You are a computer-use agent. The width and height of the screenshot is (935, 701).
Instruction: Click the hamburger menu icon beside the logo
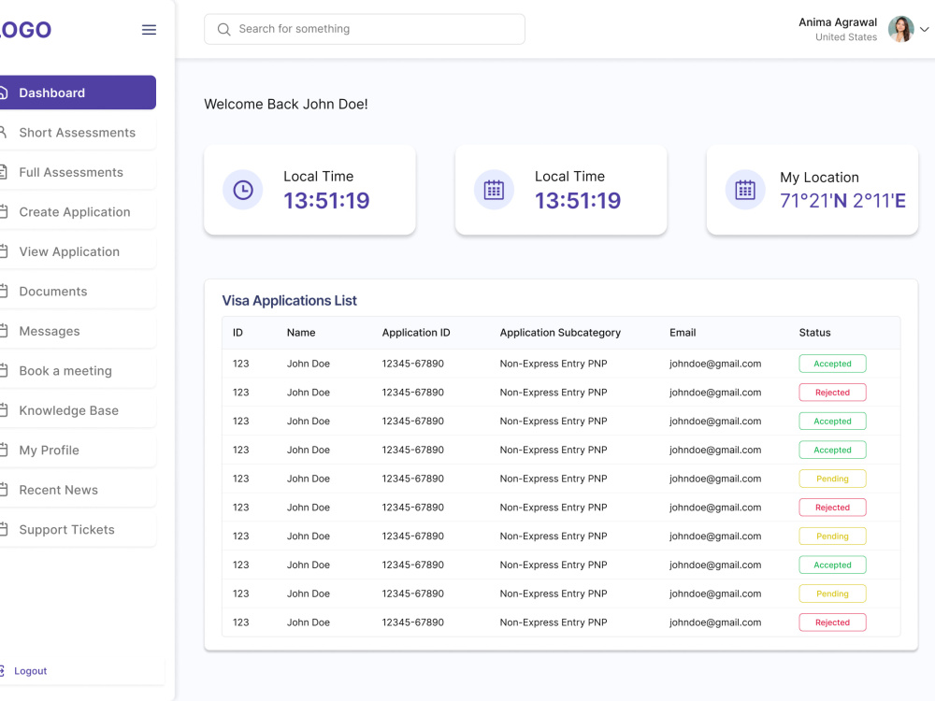(149, 30)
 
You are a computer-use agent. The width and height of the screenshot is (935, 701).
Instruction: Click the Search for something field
(365, 29)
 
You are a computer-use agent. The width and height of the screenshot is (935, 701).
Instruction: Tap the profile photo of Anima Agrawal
(900, 29)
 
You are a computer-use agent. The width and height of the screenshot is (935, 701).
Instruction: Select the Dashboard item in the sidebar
(78, 93)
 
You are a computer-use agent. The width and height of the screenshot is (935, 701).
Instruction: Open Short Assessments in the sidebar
(78, 133)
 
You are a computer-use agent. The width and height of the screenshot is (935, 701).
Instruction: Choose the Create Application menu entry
(75, 211)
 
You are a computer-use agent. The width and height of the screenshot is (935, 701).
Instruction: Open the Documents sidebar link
(53, 291)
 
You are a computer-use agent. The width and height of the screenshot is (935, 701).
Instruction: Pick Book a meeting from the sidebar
(65, 371)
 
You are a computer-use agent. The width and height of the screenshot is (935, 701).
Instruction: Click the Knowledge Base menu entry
(68, 410)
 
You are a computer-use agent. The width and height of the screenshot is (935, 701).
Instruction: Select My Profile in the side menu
(49, 451)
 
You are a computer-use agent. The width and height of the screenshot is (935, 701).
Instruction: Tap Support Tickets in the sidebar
(66, 529)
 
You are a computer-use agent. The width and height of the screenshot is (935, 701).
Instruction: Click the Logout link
(31, 670)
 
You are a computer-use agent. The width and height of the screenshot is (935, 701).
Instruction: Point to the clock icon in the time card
(243, 190)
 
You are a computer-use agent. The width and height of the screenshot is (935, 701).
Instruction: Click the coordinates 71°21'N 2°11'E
(842, 201)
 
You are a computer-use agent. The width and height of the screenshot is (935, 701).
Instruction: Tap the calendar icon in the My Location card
(745, 190)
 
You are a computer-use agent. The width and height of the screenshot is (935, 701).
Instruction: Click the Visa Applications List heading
(289, 300)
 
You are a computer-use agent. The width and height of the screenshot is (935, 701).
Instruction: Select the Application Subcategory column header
(560, 333)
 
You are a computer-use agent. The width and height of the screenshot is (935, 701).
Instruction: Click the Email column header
(683, 333)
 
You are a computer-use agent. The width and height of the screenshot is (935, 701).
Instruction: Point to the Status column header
(814, 333)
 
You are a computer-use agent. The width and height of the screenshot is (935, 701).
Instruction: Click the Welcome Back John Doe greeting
(285, 105)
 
